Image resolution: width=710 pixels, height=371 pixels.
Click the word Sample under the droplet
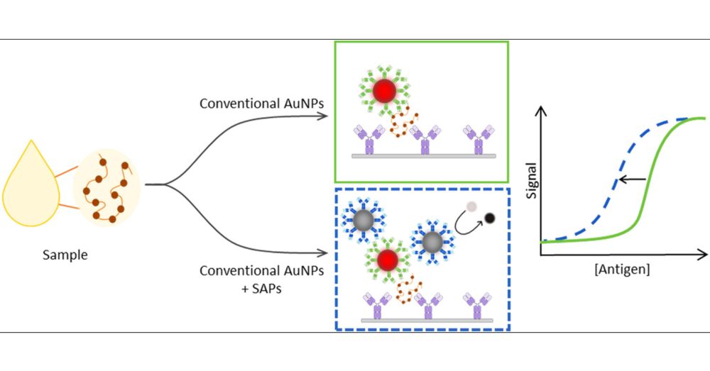(x=65, y=255)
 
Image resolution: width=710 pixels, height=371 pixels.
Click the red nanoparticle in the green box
(x=383, y=90)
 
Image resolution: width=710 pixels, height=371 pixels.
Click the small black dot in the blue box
(x=490, y=218)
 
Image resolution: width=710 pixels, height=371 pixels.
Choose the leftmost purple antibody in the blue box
(x=377, y=304)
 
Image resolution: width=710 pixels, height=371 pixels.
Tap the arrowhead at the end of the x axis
(x=704, y=253)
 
